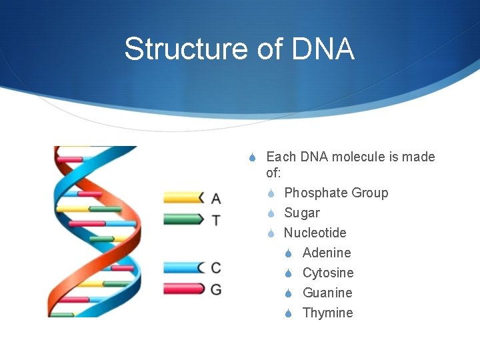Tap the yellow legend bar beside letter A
point(183,197)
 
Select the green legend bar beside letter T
point(183,219)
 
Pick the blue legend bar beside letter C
point(183,267)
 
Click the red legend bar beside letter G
point(183,289)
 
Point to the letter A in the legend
point(215,198)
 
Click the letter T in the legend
point(215,219)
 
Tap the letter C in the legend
point(215,268)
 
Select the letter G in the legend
point(215,289)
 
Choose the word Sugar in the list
point(302,213)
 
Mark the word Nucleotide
point(315,233)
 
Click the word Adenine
point(327,253)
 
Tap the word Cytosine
point(328,273)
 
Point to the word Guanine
point(327,293)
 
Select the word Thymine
point(328,313)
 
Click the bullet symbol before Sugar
point(271,213)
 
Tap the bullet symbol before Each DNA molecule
point(252,157)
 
